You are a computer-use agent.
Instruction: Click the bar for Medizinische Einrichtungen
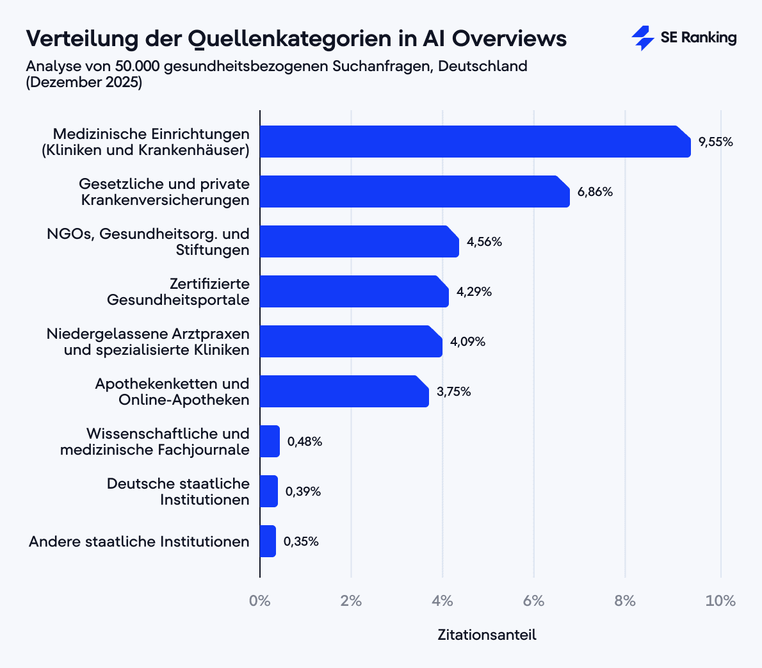[x=474, y=142]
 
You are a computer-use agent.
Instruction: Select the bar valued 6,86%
[x=414, y=191]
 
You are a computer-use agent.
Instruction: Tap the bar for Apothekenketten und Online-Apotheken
[x=344, y=391]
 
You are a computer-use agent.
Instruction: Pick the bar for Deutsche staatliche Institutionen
[x=269, y=491]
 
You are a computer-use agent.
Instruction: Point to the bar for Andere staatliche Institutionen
[x=268, y=541]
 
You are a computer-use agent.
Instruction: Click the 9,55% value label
[x=715, y=142]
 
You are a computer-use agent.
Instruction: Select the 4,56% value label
[x=484, y=242]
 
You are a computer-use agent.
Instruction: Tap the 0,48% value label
[x=304, y=442]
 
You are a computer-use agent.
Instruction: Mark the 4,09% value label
[x=467, y=342]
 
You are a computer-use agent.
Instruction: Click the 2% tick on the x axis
[x=351, y=601]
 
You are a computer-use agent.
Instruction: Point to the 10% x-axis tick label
[x=720, y=601]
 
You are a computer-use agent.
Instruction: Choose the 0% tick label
[x=260, y=601]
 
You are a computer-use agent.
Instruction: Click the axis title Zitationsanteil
[x=487, y=635]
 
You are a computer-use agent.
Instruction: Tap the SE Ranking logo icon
[x=642, y=38]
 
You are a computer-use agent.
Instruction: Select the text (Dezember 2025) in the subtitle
[x=84, y=83]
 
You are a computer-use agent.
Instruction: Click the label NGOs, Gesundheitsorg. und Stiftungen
[x=148, y=241]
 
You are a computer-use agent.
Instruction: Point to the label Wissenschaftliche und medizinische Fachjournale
[x=155, y=441]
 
